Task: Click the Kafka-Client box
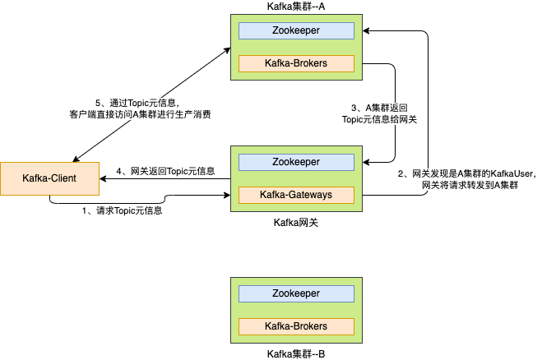(49, 178)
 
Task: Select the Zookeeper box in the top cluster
(296, 31)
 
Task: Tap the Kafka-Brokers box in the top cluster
(296, 63)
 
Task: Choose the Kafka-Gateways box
(296, 195)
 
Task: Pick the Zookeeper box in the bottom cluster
(296, 294)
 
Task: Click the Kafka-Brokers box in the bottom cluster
(296, 326)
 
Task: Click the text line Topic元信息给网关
(379, 119)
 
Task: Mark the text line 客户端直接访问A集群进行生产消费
(140, 114)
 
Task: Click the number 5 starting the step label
(99, 103)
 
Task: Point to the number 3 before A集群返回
(354, 108)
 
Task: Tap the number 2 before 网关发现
(401, 173)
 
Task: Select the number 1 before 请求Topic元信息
(85, 210)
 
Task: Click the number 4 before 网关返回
(119, 171)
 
